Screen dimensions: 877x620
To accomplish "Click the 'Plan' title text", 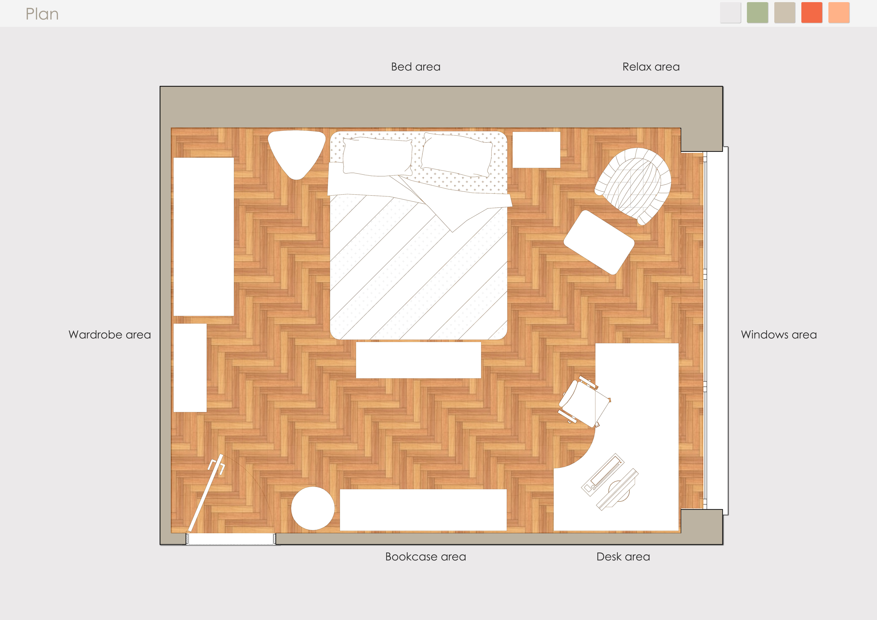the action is [42, 14].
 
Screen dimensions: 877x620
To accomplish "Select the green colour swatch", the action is [757, 13].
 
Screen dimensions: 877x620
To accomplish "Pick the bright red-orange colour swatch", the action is [812, 13].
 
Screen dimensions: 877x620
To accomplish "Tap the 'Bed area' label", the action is [416, 67].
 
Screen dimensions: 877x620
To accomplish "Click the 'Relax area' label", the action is [651, 67].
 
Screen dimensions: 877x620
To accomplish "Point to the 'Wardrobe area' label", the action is [110, 335].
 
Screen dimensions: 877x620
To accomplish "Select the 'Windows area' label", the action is [779, 335].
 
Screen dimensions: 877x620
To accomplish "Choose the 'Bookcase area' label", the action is [426, 557].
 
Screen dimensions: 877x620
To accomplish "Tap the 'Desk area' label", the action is [623, 557].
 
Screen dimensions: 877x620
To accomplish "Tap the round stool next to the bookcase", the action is [313, 508].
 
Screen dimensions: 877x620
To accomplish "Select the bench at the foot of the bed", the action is [418, 360].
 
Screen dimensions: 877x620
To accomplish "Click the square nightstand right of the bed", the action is [536, 150].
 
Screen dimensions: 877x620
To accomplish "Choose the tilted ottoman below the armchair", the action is [599, 242].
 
